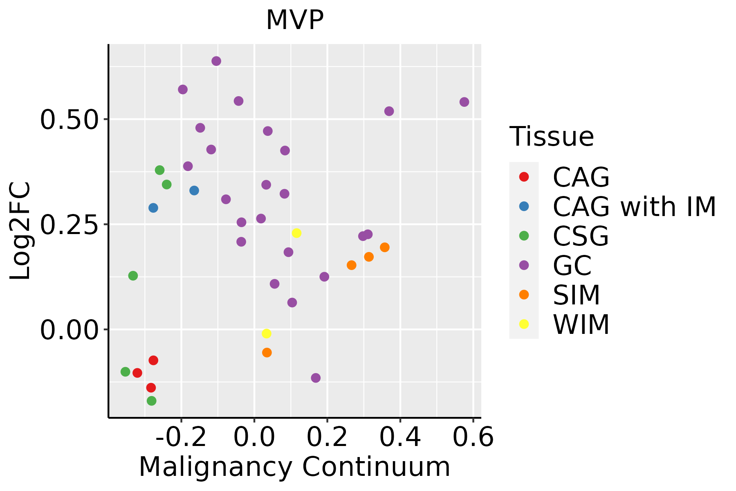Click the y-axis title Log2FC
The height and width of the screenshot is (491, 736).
click(x=20, y=231)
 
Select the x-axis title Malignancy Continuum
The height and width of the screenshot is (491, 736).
click(x=294, y=467)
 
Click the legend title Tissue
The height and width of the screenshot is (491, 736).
click(x=552, y=137)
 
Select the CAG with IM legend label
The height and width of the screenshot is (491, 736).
click(x=634, y=207)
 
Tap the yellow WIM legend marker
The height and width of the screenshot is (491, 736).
click(x=524, y=324)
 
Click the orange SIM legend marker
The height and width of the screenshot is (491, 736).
click(x=524, y=295)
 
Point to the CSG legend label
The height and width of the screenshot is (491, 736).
click(x=581, y=236)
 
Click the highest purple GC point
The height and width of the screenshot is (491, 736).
click(x=216, y=61)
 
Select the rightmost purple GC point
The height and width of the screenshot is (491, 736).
click(x=464, y=102)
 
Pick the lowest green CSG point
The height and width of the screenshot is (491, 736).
click(x=152, y=401)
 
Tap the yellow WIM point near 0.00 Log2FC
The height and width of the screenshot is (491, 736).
click(x=267, y=333)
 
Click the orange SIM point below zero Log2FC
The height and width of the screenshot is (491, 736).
click(x=267, y=352)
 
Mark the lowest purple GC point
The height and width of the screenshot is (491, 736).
click(x=316, y=378)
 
